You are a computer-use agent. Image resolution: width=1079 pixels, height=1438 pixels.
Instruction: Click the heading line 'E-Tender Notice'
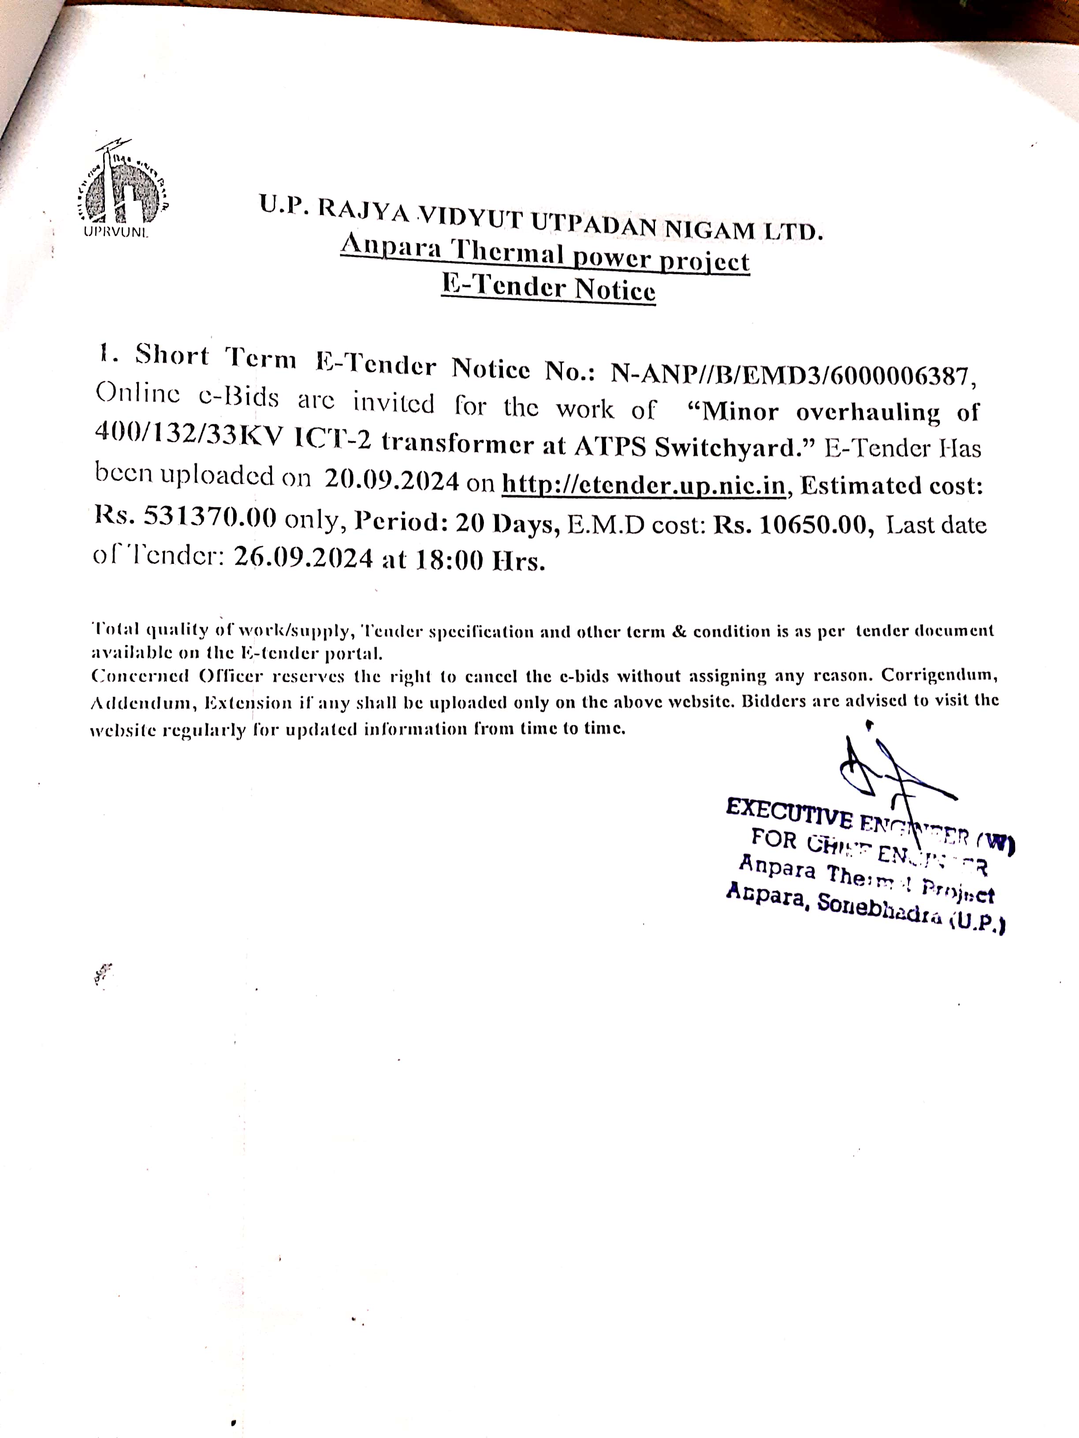[548, 287]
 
